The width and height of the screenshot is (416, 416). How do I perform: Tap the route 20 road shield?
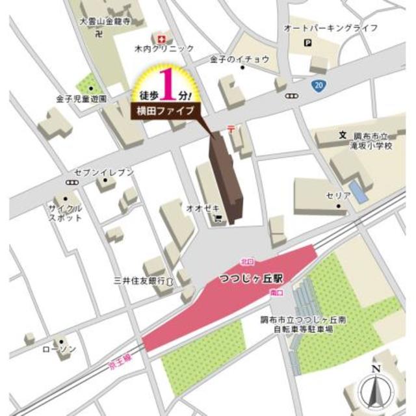pos(317,86)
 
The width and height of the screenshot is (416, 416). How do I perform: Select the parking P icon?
pos(308,44)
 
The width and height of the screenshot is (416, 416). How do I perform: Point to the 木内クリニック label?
pos(164,49)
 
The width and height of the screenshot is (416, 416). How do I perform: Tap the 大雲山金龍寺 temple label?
pos(105,21)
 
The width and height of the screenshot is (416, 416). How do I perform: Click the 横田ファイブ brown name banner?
pos(164,111)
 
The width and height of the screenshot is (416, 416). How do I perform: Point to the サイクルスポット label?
pos(65,212)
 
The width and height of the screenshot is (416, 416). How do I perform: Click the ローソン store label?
pos(59,349)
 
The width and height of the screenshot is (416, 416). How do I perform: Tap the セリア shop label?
pos(335,196)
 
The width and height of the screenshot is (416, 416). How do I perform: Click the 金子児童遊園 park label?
pos(81,99)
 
